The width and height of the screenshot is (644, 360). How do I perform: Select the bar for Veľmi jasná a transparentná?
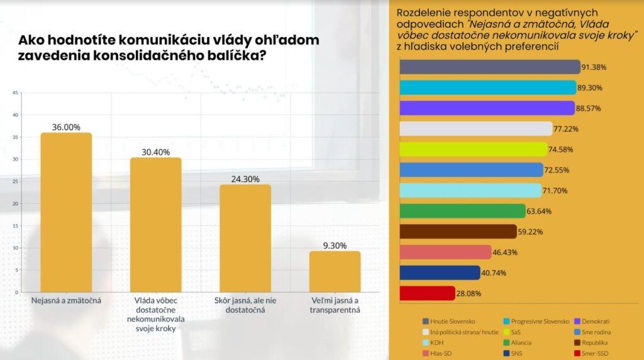335,271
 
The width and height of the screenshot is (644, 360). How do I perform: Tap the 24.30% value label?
245,179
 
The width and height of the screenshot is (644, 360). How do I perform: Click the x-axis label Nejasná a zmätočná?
66,301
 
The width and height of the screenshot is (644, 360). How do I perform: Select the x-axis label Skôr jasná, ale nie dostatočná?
245,305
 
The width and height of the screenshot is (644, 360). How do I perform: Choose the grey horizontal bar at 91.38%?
490,67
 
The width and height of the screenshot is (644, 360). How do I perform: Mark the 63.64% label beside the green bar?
540,211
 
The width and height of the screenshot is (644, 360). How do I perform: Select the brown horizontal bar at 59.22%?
458,232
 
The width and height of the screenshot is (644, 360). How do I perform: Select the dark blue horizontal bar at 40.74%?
440,273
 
